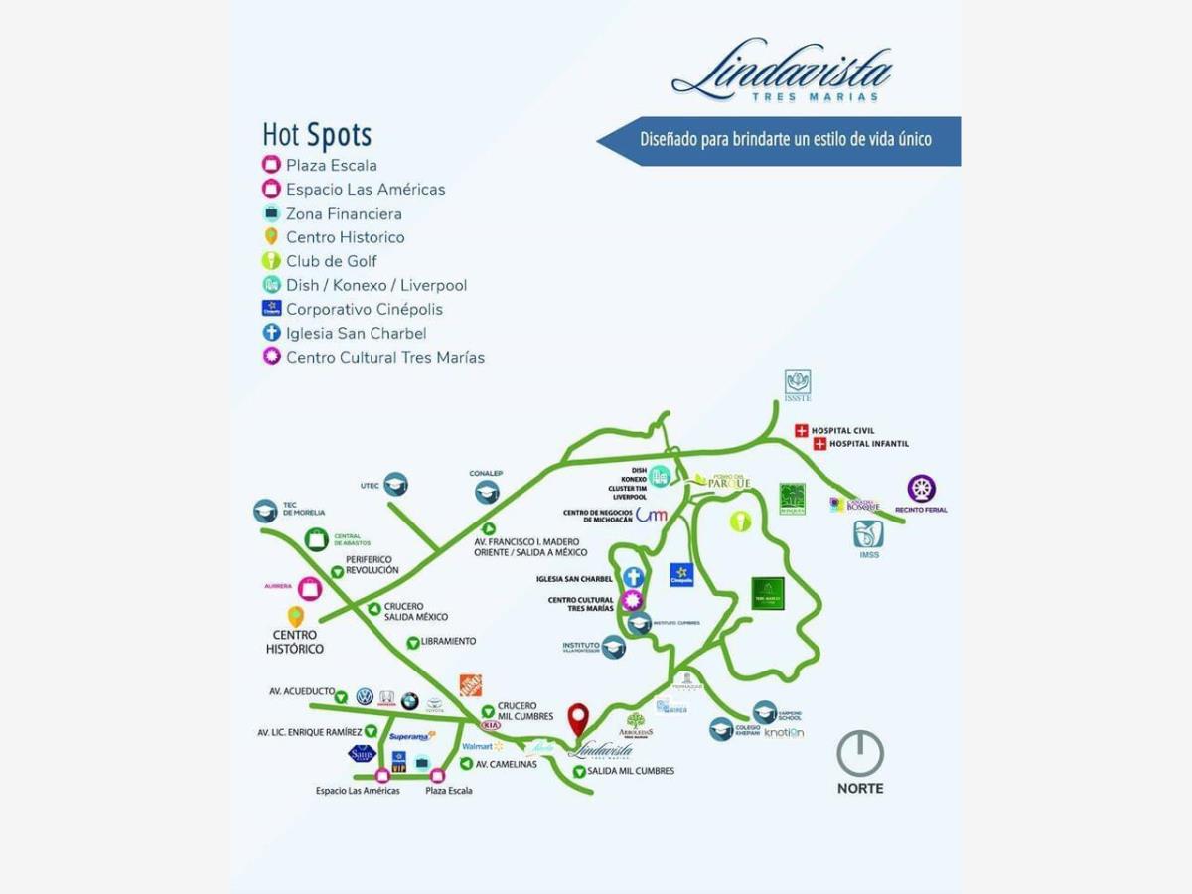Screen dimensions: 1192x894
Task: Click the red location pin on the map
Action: tap(577, 718)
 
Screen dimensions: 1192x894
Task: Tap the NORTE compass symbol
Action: tap(860, 754)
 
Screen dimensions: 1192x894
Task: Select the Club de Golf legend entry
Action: tap(331, 261)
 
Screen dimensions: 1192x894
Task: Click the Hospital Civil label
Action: tap(842, 430)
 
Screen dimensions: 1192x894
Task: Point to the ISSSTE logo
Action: tap(798, 382)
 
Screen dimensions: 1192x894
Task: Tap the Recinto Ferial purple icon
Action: tap(922, 489)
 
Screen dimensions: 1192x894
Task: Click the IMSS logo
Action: tap(868, 534)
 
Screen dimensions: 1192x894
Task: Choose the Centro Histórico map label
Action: tap(295, 642)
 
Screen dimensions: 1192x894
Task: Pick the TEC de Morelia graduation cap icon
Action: tap(265, 511)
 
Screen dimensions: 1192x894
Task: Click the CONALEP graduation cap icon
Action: tap(487, 491)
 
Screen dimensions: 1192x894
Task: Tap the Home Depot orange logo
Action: tap(470, 685)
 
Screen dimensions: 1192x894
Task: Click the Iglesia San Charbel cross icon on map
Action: tap(634, 577)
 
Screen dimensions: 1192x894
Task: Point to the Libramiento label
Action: tap(448, 642)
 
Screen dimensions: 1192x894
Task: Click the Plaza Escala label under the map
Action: tap(449, 791)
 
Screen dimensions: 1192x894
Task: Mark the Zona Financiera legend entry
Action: tap(344, 213)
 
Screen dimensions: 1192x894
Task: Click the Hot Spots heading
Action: tap(317, 134)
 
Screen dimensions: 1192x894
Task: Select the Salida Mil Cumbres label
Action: tap(630, 771)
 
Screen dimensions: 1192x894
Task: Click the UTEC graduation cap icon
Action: tap(396, 484)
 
